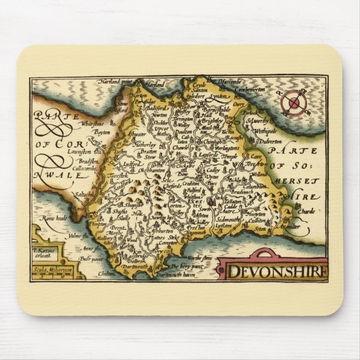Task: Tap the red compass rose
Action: tap(294, 102)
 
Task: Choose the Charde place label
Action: tap(307, 211)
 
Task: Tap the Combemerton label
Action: tap(250, 89)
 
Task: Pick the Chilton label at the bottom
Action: tap(106, 274)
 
